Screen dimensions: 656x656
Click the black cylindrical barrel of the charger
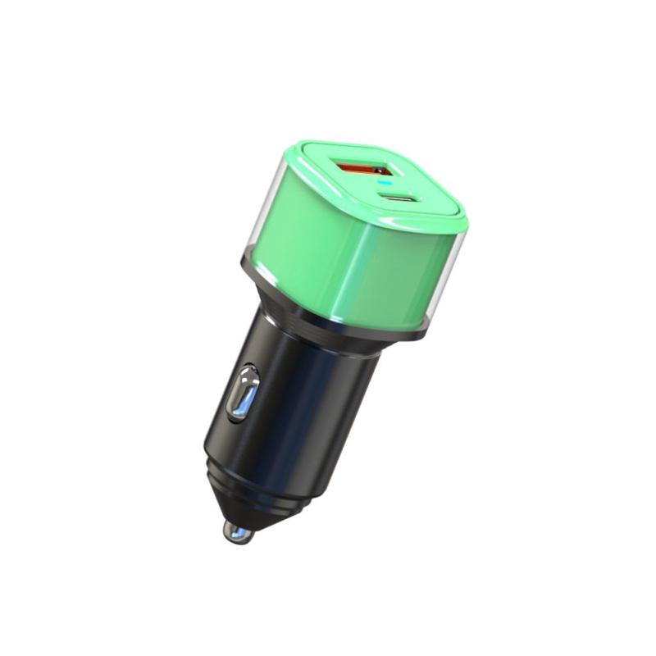pyautogui.click(x=312, y=385)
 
